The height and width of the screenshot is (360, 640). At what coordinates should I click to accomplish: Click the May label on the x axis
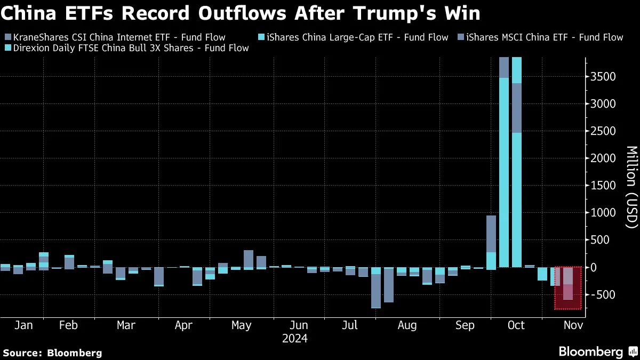point(242,325)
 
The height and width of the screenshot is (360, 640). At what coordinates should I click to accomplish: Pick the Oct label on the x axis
point(516,325)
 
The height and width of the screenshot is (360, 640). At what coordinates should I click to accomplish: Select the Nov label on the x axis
point(573,325)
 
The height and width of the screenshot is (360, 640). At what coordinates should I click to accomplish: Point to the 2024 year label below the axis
point(294,338)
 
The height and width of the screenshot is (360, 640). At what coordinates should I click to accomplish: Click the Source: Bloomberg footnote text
point(52,353)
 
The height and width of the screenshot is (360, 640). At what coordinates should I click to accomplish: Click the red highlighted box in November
point(568,288)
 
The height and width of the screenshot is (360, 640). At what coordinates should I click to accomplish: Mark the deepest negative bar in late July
point(376,288)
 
